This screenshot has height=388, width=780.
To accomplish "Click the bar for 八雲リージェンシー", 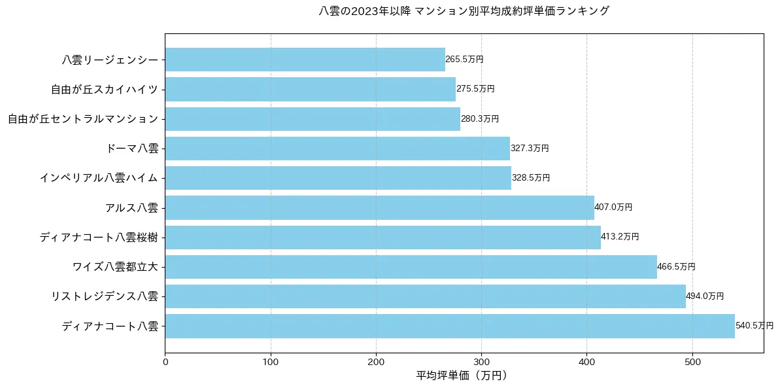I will pos(305,60).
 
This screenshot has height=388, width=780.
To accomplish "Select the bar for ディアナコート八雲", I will pos(450,326).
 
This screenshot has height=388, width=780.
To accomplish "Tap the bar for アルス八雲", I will pos(379,207).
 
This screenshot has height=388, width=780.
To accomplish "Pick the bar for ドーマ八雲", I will pos(337,149).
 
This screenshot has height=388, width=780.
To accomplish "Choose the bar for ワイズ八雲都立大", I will pos(411,267).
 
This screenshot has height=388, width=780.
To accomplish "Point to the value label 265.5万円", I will pos(464,60).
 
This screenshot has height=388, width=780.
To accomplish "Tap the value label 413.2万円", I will pos(620,237).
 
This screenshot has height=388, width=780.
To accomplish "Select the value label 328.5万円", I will pos(531,178).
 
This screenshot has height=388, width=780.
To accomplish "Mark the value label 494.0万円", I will pos(705,296).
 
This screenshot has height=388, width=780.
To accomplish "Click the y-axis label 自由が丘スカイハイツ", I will pos(105,89).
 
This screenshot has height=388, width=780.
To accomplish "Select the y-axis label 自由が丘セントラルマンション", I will pos(83,119).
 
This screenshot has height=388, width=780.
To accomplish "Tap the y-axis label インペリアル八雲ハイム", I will pos(99,178).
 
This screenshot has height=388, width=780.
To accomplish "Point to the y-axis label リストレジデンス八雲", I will pos(105,296).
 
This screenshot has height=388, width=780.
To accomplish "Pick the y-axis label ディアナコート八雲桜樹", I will pos(99,237).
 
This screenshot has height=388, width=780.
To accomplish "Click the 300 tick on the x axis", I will pos(481,359).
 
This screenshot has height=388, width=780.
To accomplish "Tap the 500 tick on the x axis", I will pos(692,359).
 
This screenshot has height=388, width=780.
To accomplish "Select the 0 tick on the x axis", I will pos(165,359).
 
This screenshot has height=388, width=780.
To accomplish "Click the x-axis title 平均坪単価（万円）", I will pos(462,376).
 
